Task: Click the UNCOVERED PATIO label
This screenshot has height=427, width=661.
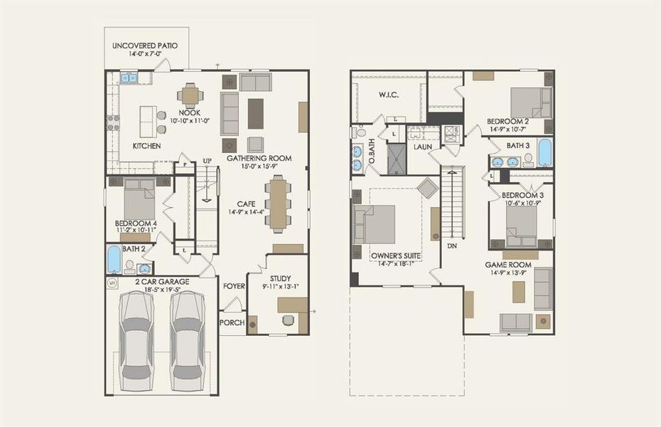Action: (x=145, y=46)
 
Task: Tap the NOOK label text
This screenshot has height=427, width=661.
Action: (x=189, y=112)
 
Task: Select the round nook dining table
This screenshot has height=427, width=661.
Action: (x=190, y=95)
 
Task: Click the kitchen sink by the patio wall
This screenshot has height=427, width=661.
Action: (x=129, y=78)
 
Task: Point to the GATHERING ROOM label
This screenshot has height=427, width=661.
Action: (x=259, y=158)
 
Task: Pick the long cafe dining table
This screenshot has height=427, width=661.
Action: (x=278, y=204)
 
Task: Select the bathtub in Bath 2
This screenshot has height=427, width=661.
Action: (x=114, y=260)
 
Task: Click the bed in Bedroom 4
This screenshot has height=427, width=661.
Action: (x=139, y=200)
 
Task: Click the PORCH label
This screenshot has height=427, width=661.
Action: (x=232, y=322)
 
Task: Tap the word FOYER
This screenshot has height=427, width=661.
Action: (x=234, y=286)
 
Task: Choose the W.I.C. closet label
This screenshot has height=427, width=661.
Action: (x=388, y=95)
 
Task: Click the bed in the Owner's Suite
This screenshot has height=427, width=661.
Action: (x=376, y=224)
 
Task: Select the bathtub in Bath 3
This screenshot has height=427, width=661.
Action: (x=544, y=152)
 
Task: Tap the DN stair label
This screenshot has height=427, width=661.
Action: (x=452, y=246)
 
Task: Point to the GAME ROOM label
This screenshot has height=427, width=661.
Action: (x=508, y=265)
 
